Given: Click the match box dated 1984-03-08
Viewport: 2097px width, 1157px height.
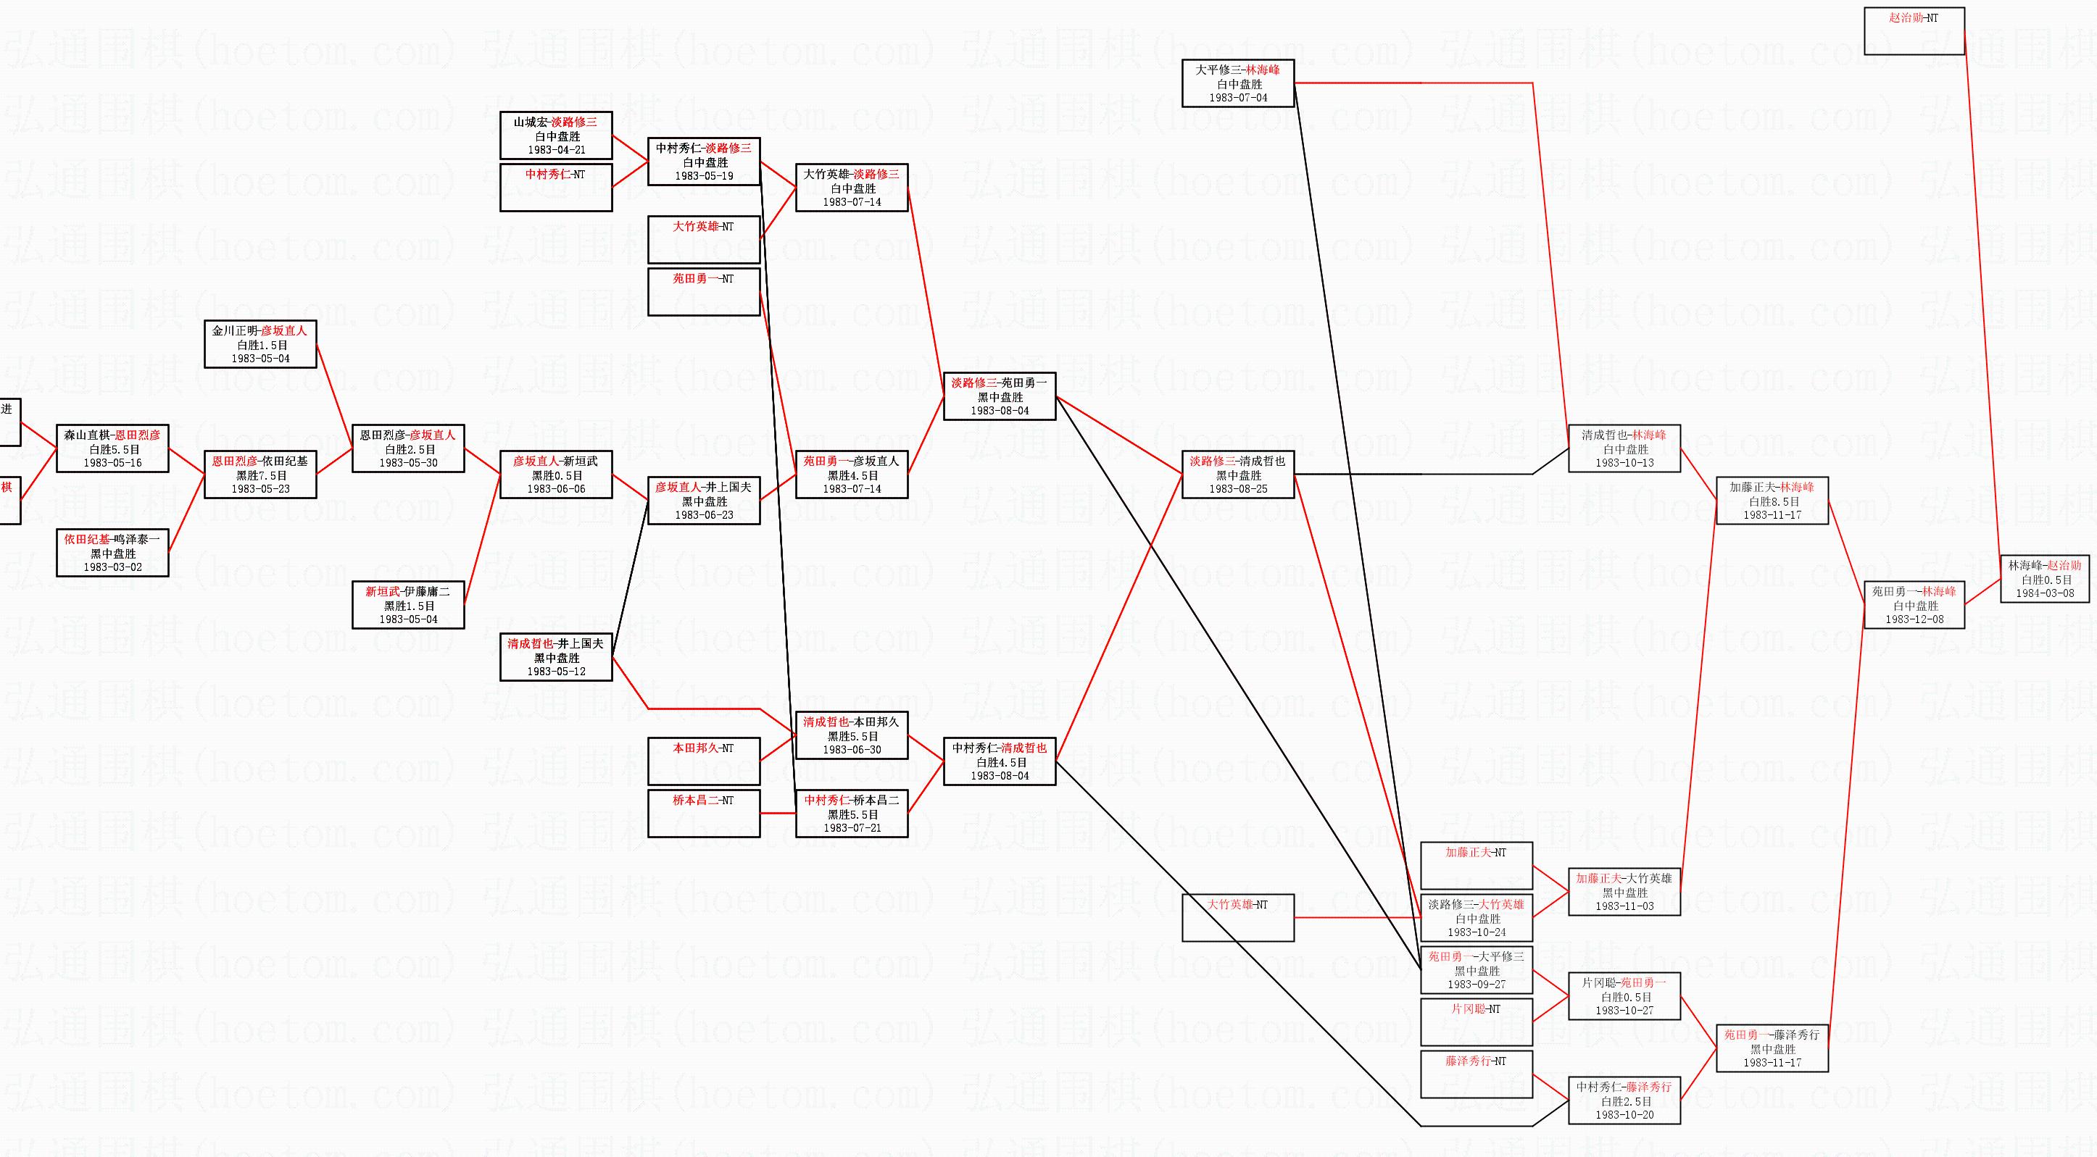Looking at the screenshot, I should (2044, 578).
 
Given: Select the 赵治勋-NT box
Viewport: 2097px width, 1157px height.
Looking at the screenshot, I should (1914, 31).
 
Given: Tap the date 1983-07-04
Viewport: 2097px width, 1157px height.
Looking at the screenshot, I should (1237, 98).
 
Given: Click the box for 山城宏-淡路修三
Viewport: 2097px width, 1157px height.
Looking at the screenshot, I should (556, 135).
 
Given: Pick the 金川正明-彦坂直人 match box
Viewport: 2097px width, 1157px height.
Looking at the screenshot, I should (259, 344).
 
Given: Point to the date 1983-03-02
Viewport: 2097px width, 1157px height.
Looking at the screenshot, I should (112, 567).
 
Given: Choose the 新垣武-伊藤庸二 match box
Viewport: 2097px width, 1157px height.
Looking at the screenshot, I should (408, 604).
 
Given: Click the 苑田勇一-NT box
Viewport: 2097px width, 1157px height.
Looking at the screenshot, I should (703, 291).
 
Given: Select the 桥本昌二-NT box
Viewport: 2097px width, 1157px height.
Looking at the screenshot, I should (703, 813).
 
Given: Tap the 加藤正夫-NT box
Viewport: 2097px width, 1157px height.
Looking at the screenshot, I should (1476, 865).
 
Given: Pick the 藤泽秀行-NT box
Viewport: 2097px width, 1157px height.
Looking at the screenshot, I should (1476, 1073).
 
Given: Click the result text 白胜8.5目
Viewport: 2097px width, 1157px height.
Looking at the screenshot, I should (1772, 501).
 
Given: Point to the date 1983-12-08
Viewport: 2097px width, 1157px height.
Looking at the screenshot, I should (1914, 619).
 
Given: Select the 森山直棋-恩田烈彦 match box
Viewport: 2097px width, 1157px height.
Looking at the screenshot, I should (112, 448).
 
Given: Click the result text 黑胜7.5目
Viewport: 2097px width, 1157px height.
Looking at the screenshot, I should (260, 475).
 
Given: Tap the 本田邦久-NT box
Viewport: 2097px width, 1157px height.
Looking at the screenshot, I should (703, 761).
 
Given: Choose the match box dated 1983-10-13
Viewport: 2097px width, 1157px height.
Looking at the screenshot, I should (1624, 448).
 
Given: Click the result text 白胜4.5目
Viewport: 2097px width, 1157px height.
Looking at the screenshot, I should (1000, 762).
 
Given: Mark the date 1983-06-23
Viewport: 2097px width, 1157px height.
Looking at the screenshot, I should (703, 515).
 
